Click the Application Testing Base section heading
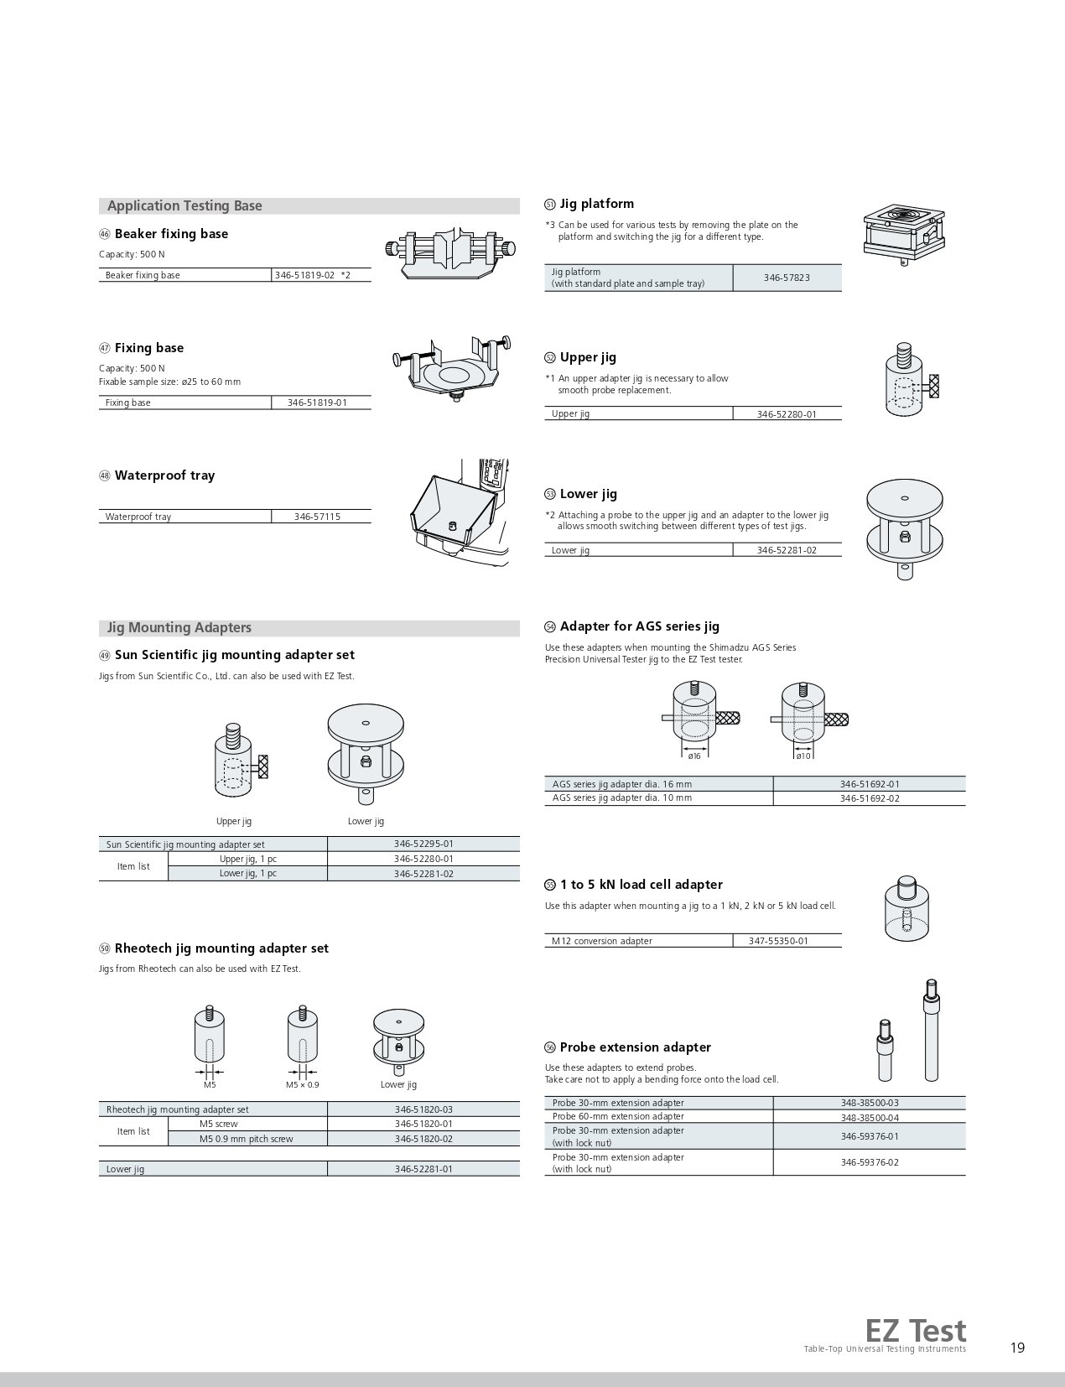pos(184,205)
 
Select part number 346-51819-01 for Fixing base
pos(317,403)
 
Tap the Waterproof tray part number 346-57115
pos(317,517)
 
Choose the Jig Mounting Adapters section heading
pos(179,627)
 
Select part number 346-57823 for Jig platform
pos(787,278)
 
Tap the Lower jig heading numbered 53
pos(588,494)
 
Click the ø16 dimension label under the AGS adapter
pos(694,756)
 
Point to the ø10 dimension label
pos(803,756)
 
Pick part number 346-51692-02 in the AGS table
pos(869,798)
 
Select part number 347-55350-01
pos(778,941)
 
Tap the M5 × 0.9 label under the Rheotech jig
pos(303,1084)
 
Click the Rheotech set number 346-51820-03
pos(423,1109)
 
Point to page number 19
pos(1017,1348)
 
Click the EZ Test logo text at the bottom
pos(916,1331)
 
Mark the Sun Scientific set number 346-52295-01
pos(423,844)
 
